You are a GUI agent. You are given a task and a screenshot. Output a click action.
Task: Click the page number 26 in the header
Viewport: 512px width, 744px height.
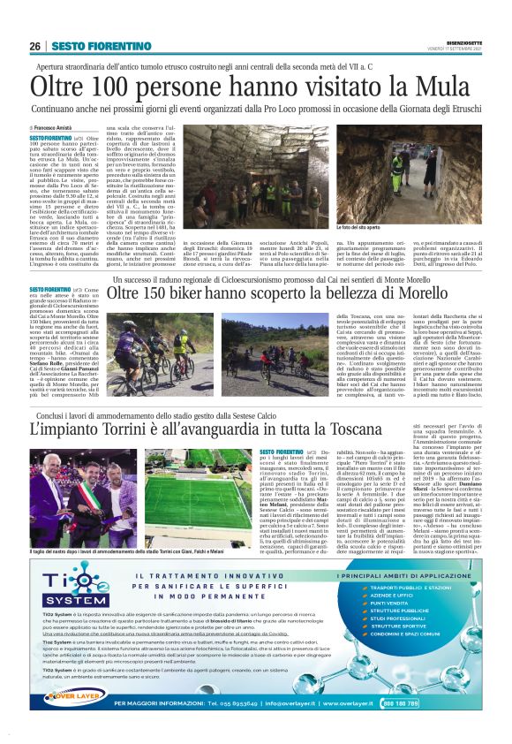click(34, 46)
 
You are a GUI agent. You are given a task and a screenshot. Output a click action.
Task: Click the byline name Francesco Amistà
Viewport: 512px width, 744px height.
click(56, 128)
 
